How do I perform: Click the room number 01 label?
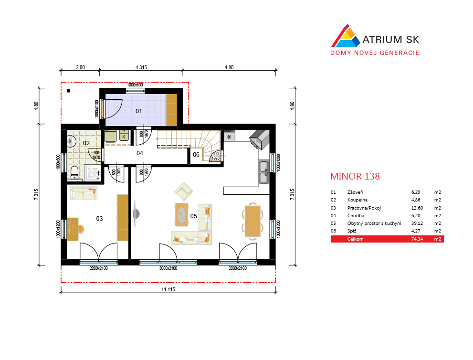tap(138, 111)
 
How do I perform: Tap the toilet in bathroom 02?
tap(74, 172)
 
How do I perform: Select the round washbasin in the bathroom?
tap(71, 141)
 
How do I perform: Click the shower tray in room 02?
tap(93, 173)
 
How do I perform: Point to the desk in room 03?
tap(73, 229)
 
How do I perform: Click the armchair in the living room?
tap(183, 191)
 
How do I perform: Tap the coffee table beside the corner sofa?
tap(181, 214)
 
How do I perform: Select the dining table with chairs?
tap(252, 221)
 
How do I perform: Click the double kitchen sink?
tap(263, 172)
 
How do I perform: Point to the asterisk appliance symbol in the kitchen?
tap(229, 137)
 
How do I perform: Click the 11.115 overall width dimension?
tap(168, 289)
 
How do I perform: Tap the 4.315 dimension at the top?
tap(141, 67)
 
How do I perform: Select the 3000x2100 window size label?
tap(168, 268)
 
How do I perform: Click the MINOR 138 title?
tap(355, 176)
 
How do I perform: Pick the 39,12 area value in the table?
tap(417, 223)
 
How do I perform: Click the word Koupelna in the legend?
tap(357, 200)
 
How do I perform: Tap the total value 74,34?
tap(417, 239)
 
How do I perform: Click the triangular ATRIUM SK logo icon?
tap(346, 36)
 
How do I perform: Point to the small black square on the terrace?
tap(68, 91)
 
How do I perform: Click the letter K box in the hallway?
tap(124, 136)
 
